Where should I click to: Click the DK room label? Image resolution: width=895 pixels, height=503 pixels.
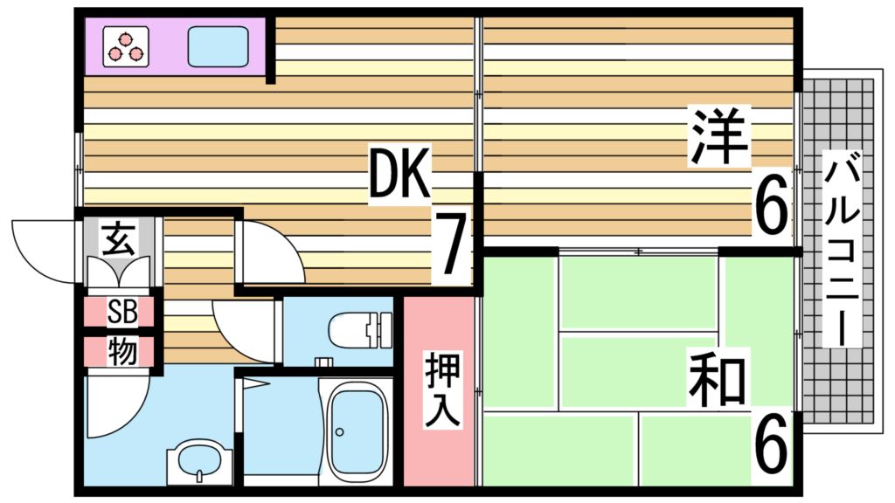tap(399, 173)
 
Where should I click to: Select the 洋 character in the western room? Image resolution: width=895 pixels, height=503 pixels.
tap(720, 136)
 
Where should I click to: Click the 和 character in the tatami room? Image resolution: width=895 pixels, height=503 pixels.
tap(717, 381)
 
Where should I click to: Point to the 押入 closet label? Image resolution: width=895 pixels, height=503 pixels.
tap(442, 389)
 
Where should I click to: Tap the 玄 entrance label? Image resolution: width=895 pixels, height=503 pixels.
tap(119, 238)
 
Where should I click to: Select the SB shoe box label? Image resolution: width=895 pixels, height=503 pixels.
tap(121, 312)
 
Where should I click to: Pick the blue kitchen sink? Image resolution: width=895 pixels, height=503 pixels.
tap(218, 46)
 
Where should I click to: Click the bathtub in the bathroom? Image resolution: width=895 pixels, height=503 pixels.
tap(356, 428)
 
